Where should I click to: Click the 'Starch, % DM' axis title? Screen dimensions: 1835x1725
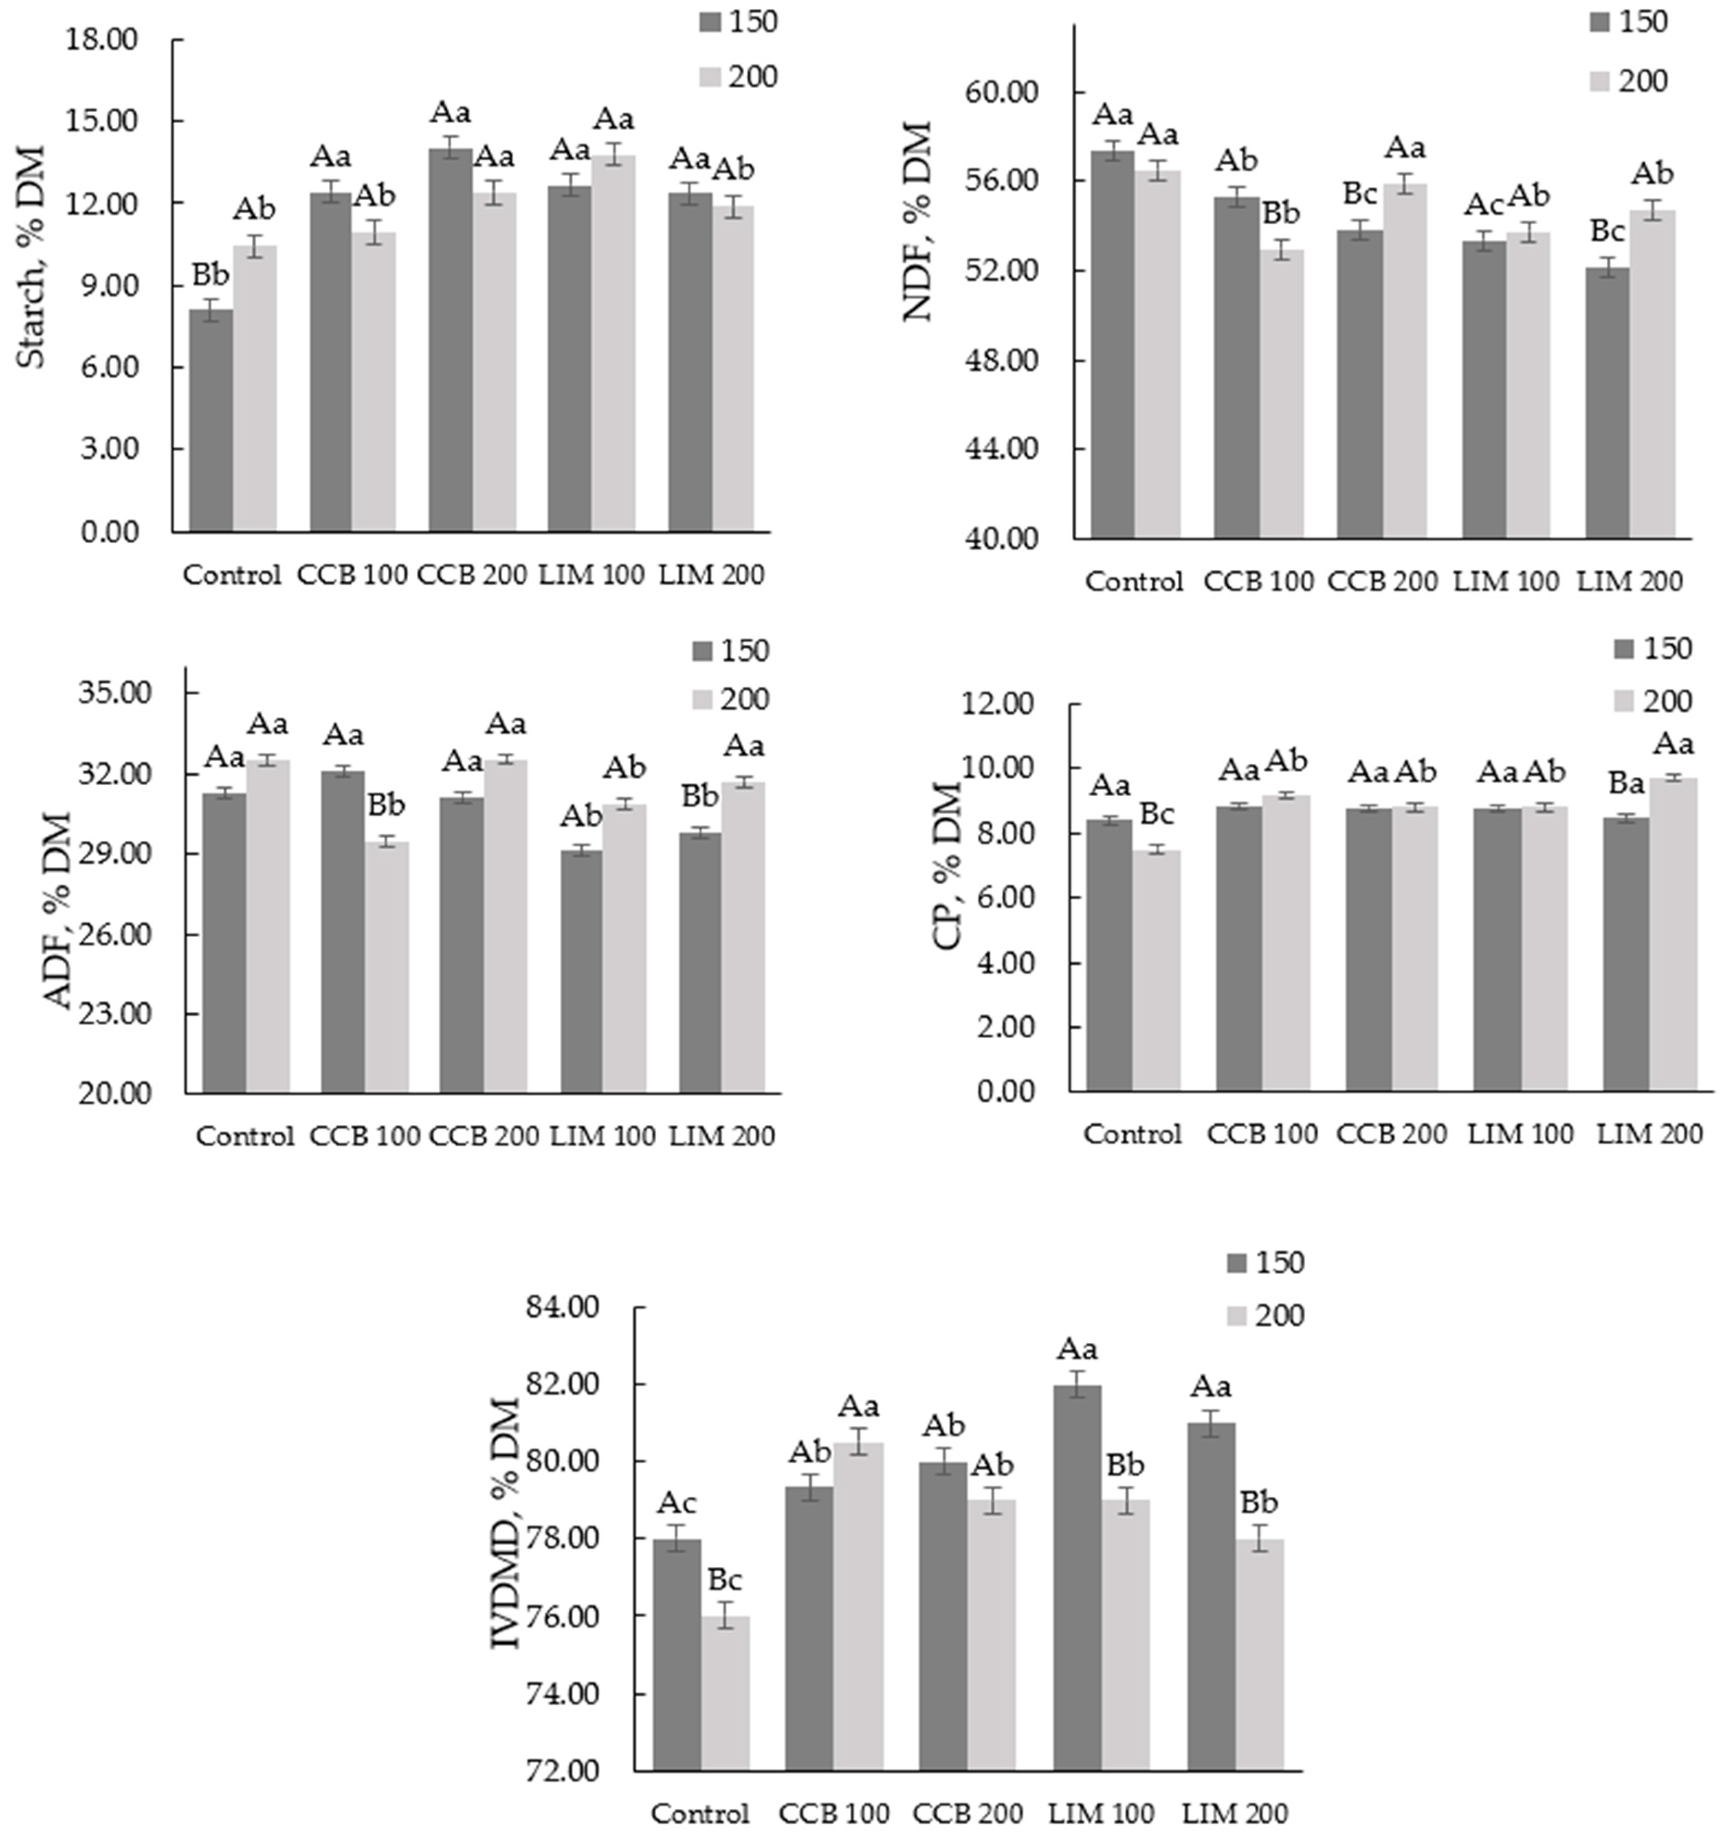click(32, 257)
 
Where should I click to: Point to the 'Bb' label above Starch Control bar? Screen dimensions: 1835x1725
click(210, 275)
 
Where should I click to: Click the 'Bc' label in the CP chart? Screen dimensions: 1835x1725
click(1156, 815)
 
